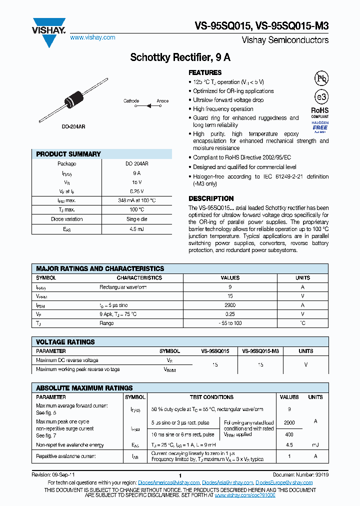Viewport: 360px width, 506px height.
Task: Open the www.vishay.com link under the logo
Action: [x=92, y=37]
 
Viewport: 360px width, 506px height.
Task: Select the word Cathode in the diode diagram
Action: [x=131, y=101]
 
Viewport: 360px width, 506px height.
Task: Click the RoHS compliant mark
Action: [x=320, y=112]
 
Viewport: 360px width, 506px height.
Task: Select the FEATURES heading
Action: [x=205, y=72]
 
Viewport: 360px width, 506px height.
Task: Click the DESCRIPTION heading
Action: [x=211, y=198]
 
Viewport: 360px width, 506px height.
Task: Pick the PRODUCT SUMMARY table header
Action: [x=68, y=154]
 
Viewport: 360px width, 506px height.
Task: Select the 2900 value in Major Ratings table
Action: [x=230, y=305]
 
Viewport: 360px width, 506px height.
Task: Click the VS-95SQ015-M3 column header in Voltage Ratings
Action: [x=260, y=351]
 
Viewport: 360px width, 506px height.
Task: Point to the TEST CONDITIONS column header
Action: [x=211, y=397]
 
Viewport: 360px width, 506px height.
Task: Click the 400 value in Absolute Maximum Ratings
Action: [x=289, y=435]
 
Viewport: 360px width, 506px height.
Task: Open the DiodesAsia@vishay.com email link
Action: [x=227, y=482]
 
